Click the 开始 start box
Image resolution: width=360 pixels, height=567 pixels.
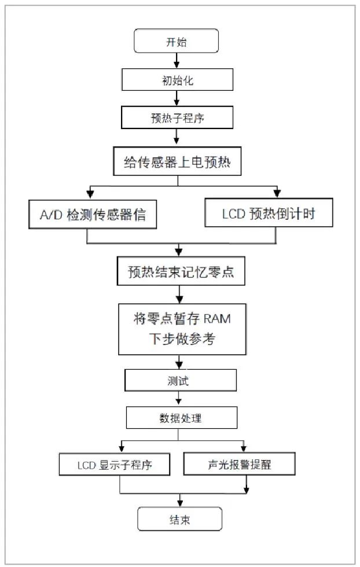click(x=176, y=42)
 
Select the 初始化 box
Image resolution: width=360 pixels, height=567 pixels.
click(x=176, y=80)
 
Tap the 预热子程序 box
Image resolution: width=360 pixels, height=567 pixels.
click(x=177, y=118)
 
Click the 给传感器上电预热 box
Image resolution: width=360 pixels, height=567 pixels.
click(x=177, y=161)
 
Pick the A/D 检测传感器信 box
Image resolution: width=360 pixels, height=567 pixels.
click(x=87, y=215)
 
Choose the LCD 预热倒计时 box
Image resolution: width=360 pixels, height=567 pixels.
click(x=269, y=213)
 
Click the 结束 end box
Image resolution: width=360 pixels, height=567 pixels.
click(x=179, y=519)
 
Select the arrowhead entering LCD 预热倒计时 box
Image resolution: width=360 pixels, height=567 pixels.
click(x=277, y=193)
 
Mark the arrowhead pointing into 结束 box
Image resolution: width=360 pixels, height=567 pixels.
click(x=180, y=501)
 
